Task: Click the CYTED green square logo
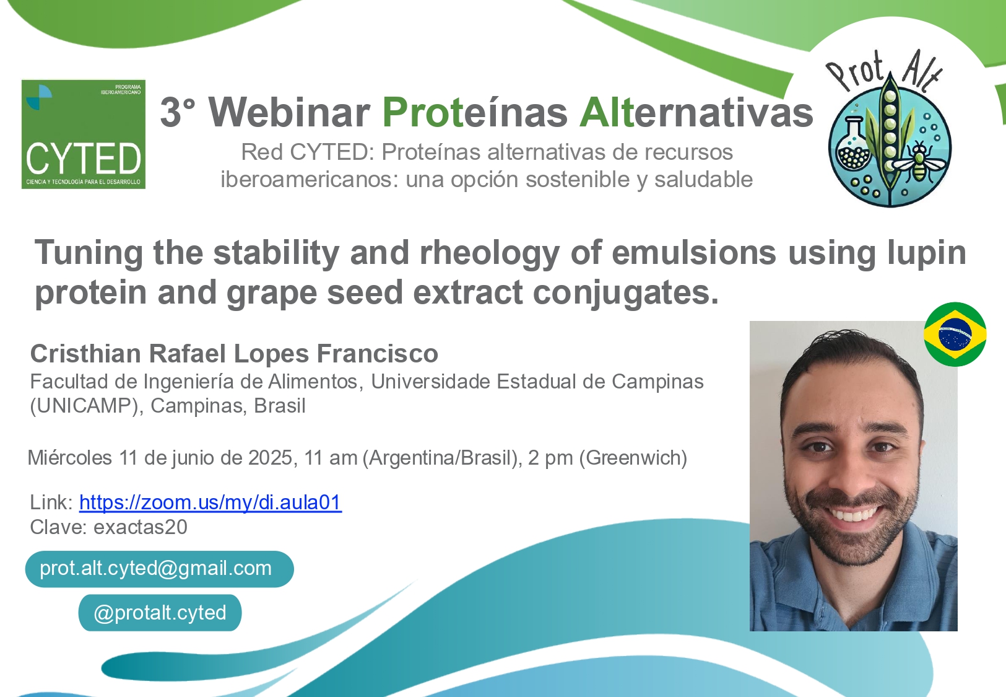84,134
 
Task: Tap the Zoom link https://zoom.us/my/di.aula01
210,502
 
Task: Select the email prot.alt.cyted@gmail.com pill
160,569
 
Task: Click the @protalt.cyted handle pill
160,613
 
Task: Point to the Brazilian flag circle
955,335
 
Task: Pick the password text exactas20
140,527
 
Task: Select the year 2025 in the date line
271,458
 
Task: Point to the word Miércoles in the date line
69,458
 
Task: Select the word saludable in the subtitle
703,179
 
